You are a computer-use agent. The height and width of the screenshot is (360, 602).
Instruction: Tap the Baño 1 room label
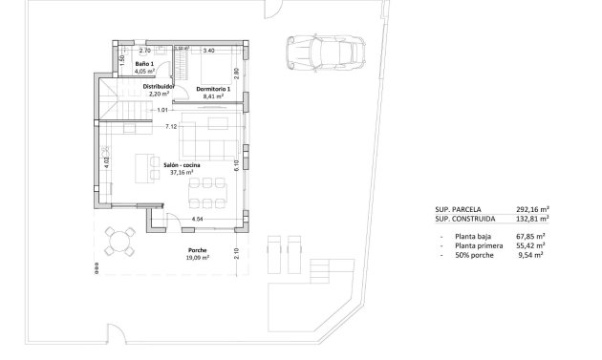point(143,64)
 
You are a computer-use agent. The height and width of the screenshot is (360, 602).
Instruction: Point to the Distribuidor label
point(158,86)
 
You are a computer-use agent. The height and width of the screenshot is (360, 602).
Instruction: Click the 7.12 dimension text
point(171,126)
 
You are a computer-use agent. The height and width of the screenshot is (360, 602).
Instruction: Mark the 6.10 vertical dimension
point(236,165)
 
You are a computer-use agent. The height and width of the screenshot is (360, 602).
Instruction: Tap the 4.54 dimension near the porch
point(198,220)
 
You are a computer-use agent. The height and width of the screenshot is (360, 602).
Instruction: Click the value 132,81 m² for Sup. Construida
point(527,220)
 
